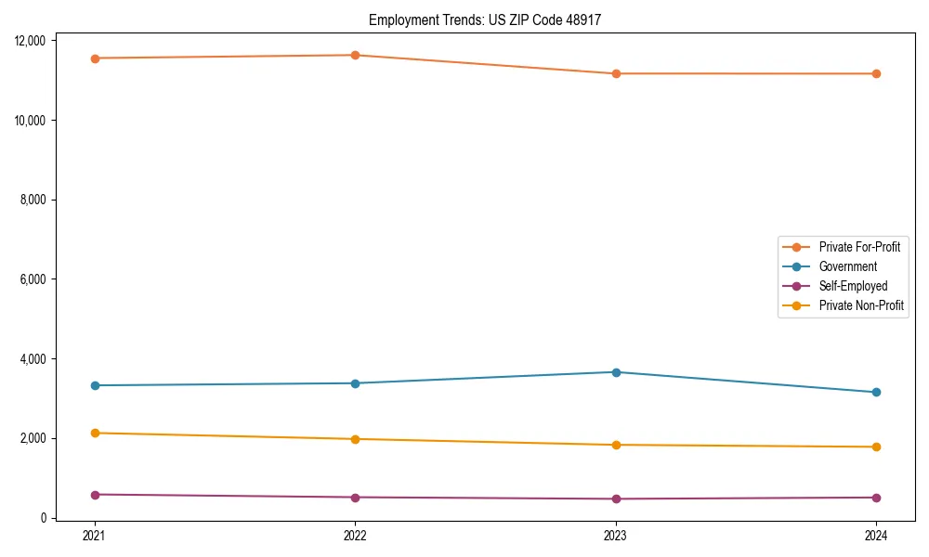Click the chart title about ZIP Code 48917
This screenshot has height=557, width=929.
(x=485, y=19)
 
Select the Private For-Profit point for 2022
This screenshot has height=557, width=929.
(x=355, y=55)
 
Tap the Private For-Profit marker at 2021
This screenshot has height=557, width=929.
(x=94, y=58)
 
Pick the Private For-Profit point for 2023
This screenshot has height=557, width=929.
(x=616, y=73)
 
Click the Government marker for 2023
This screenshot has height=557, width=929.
(x=616, y=372)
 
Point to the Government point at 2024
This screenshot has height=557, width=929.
(x=876, y=392)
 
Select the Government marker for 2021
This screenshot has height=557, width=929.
(x=94, y=385)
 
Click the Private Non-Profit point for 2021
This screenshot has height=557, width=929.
(x=94, y=433)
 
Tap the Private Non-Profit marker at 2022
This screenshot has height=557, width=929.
(x=355, y=439)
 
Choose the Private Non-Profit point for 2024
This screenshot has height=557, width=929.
(x=876, y=447)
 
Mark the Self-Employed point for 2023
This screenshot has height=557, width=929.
(x=616, y=499)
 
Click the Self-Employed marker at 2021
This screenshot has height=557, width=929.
(x=94, y=495)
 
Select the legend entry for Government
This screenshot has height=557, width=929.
(x=847, y=266)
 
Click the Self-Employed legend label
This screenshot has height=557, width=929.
(x=853, y=286)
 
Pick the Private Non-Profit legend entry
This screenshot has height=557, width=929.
(x=861, y=305)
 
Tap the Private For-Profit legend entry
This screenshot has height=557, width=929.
(x=859, y=247)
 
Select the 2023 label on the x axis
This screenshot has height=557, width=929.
(x=616, y=535)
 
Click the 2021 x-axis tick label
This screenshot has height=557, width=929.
(x=94, y=535)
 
